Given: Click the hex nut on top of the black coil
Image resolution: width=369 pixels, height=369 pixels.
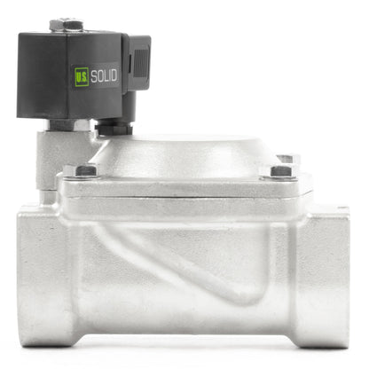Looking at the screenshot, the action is pos(67,25).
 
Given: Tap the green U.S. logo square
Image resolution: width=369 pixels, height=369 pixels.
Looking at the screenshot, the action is pos(82,76).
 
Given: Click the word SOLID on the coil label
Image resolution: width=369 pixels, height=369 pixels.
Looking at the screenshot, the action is pos(104,75).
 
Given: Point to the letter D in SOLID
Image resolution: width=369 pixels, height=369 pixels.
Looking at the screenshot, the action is pos(114,75).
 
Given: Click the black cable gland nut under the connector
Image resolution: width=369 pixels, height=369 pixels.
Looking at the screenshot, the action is pos(114,129).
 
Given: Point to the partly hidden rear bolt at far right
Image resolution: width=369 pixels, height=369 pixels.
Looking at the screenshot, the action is pos(288,159).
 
